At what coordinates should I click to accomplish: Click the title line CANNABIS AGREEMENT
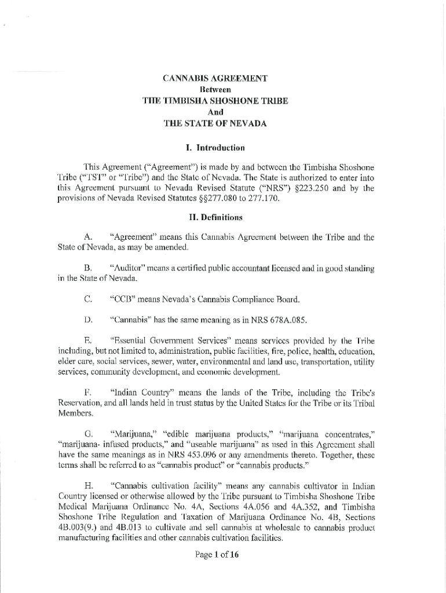click(215, 79)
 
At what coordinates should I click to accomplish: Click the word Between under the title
click(215, 90)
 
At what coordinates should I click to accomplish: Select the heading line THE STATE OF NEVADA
click(215, 123)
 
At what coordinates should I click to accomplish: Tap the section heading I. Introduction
click(215, 147)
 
